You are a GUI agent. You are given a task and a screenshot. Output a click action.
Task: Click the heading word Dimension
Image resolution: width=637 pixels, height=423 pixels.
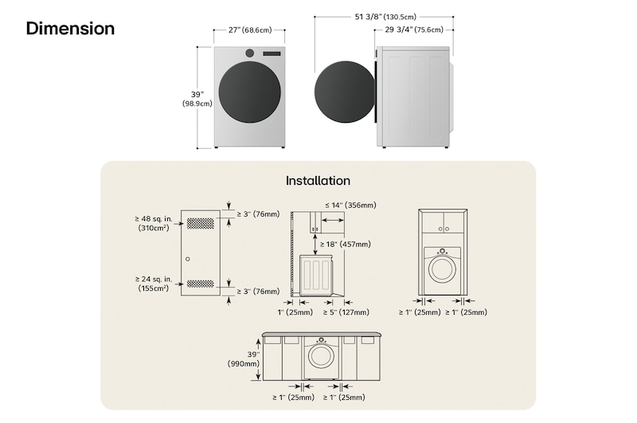click(x=70, y=29)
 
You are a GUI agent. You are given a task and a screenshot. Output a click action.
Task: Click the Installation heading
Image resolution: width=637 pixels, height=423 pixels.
click(x=318, y=181)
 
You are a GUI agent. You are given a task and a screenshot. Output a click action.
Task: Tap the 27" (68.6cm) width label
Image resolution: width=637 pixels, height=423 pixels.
click(x=249, y=30)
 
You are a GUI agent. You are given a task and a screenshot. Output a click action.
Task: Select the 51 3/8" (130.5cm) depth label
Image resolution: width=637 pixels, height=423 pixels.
click(x=385, y=16)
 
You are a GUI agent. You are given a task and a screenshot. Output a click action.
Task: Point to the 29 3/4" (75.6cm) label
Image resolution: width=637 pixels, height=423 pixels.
click(x=414, y=30)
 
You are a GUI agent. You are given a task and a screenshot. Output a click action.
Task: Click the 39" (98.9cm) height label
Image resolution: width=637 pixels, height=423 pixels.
click(x=197, y=98)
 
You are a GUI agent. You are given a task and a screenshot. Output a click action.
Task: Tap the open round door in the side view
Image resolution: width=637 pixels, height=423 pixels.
click(x=343, y=94)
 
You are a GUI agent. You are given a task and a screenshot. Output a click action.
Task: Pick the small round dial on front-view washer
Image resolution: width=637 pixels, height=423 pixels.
click(x=250, y=53)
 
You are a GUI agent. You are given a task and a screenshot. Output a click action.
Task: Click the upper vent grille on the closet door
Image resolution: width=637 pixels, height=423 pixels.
click(x=201, y=222)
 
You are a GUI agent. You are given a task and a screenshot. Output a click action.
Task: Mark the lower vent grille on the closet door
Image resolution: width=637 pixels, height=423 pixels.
click(x=201, y=284)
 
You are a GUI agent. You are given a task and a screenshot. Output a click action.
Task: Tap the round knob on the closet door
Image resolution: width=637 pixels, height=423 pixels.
click(x=188, y=260)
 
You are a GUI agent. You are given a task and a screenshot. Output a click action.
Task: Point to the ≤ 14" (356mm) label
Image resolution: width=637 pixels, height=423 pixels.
click(x=350, y=206)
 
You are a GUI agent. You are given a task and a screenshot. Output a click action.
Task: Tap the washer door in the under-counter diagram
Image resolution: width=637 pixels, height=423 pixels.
click(x=321, y=356)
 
